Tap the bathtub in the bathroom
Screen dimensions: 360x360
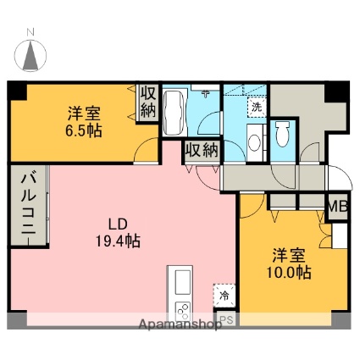pyautogui.click(x=175, y=113)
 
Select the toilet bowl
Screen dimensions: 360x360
pyautogui.click(x=283, y=134)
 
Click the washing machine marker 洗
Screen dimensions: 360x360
pyautogui.click(x=257, y=107)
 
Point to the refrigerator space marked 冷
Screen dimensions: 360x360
pyautogui.click(x=224, y=296)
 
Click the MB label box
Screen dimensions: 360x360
pyautogui.click(x=337, y=208)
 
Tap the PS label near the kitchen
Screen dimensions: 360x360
pyautogui.click(x=227, y=320)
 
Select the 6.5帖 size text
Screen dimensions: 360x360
pyautogui.click(x=84, y=130)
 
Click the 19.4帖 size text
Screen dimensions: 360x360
pyautogui.click(x=118, y=241)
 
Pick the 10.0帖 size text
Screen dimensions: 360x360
pyautogui.click(x=289, y=273)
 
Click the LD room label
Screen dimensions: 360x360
pyautogui.click(x=119, y=224)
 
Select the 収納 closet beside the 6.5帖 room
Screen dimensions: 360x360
pyautogui.click(x=148, y=102)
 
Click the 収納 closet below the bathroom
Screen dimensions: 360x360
pyautogui.click(x=202, y=150)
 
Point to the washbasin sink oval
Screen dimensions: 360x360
pyautogui.click(x=255, y=142)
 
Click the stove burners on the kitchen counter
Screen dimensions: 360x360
pyautogui.click(x=183, y=311)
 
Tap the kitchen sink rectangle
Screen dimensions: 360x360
pyautogui.click(x=182, y=282)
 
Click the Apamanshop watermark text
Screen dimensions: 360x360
pyautogui.click(x=180, y=324)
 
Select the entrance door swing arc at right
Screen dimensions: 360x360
pyautogui.click(x=341, y=177)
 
